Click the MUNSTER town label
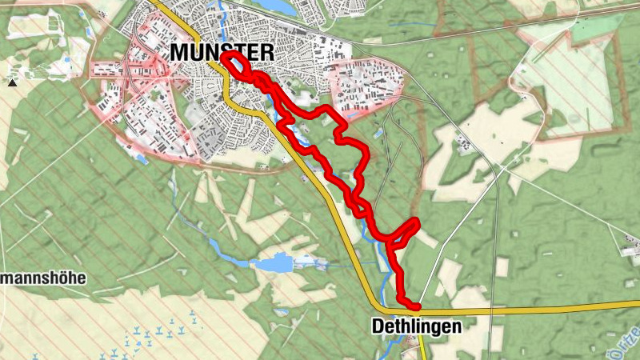[222, 54]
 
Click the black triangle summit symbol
[12, 82]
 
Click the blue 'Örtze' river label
[633, 336]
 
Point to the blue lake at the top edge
[276, 6]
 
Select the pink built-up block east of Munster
[364, 84]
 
